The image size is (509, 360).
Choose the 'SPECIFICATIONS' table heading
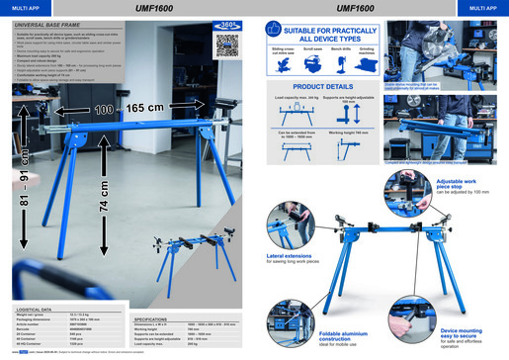(x=156, y=320)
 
